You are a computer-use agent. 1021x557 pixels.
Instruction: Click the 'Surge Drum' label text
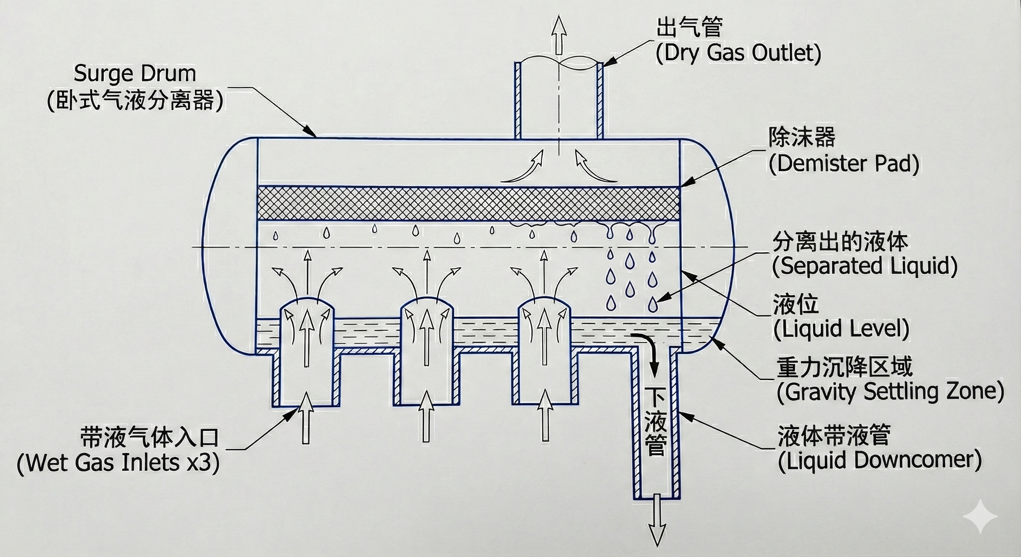tap(135, 74)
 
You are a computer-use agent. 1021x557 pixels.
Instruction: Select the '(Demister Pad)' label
tap(844, 163)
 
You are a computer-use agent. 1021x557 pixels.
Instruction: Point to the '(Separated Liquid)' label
tap(864, 265)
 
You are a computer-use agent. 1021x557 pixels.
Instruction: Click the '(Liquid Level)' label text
tap(841, 329)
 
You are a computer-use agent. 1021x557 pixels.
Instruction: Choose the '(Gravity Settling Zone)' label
tap(890, 392)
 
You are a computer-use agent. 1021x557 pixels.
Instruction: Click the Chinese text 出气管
tap(690, 27)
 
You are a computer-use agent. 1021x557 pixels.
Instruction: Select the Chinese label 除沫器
tap(802, 137)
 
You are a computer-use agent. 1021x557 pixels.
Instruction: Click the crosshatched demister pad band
tap(468, 203)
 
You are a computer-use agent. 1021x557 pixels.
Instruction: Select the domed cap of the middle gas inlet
tap(426, 305)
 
